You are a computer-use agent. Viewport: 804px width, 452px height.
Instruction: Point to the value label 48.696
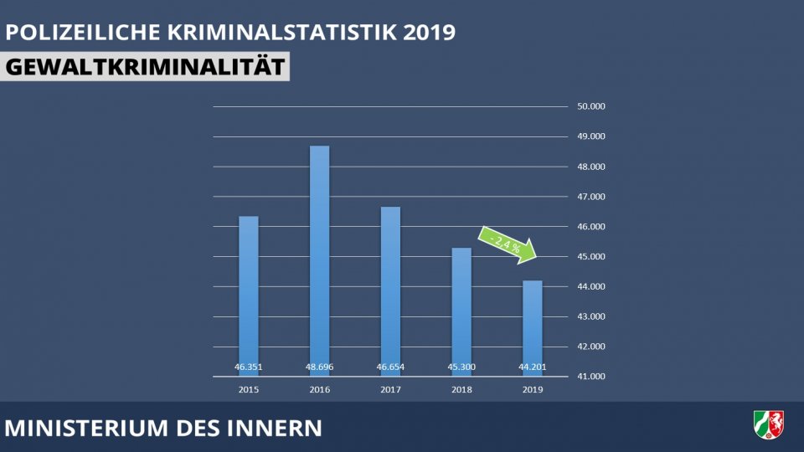click(319, 367)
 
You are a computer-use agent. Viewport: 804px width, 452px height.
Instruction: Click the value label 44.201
click(532, 367)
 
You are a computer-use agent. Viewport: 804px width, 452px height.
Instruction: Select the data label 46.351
click(249, 367)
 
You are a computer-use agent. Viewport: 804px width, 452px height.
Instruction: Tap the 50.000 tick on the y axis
click(590, 106)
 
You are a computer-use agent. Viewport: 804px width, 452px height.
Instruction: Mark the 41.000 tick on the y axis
click(590, 377)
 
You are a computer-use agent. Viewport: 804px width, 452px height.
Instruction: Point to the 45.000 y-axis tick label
click(590, 257)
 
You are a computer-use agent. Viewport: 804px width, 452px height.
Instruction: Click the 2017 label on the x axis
click(390, 390)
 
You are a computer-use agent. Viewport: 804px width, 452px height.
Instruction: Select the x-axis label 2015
click(249, 390)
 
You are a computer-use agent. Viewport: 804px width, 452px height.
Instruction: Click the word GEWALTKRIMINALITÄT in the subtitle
click(145, 67)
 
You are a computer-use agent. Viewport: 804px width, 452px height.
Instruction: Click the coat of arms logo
click(769, 424)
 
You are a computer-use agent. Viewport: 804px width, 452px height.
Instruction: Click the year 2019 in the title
click(429, 33)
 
